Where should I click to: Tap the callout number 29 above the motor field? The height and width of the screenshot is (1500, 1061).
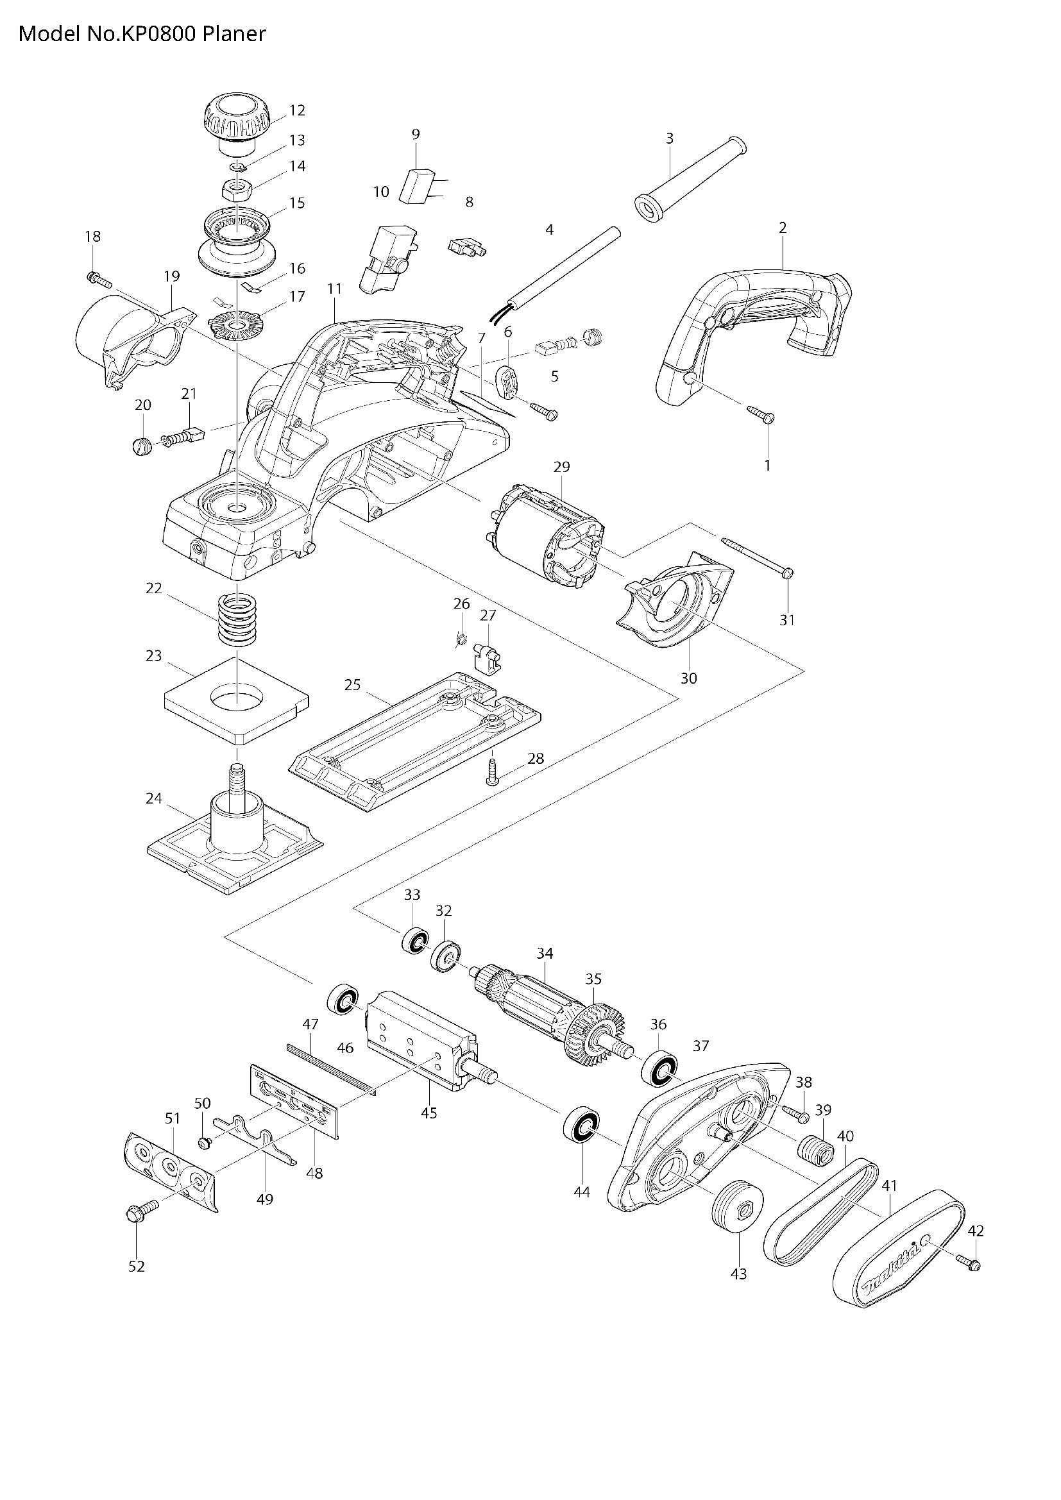point(561,466)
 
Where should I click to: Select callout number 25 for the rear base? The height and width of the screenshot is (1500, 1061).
point(352,685)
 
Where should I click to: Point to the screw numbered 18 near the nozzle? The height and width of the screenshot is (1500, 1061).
point(98,278)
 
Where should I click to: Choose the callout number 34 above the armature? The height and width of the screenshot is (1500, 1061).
point(544,953)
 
